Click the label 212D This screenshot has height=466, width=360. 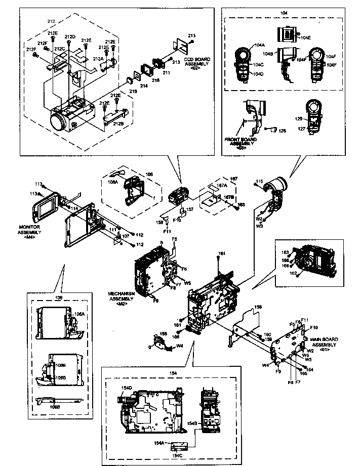(71, 37)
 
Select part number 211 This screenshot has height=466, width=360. (166, 73)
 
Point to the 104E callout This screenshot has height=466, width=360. (306, 37)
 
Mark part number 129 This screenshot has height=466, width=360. (299, 118)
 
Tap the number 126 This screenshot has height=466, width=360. (282, 131)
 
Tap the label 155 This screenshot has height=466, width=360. (163, 334)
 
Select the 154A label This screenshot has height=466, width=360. (160, 442)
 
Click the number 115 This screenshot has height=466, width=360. (260, 181)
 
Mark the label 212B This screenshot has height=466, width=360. (117, 123)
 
